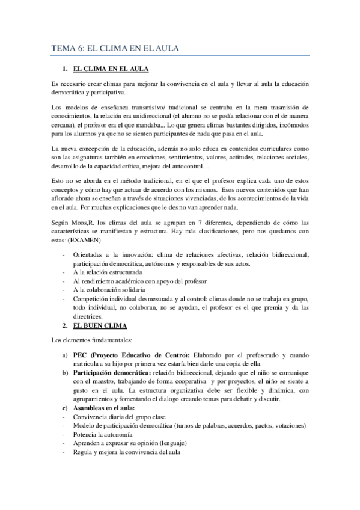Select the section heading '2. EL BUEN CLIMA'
[99, 325]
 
